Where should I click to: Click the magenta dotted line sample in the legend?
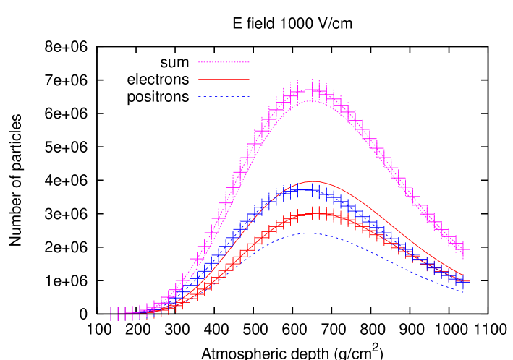[224, 63]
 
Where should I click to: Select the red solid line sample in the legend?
[224, 80]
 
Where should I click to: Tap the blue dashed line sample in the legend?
[224, 96]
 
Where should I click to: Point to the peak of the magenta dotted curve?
[309, 101]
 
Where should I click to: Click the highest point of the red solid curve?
[313, 181]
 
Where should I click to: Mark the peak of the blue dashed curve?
[309, 233]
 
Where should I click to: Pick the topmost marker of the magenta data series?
[309, 90]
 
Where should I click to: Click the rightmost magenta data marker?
[463, 249]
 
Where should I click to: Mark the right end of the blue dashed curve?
[464, 291]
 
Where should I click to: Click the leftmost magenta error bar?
[111, 314]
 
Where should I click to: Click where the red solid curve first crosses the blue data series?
[287, 190]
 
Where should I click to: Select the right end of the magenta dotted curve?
[464, 258]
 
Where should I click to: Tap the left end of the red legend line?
[199, 80]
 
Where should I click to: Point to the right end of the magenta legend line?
[249, 63]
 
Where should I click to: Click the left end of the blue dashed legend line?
[199, 96]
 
